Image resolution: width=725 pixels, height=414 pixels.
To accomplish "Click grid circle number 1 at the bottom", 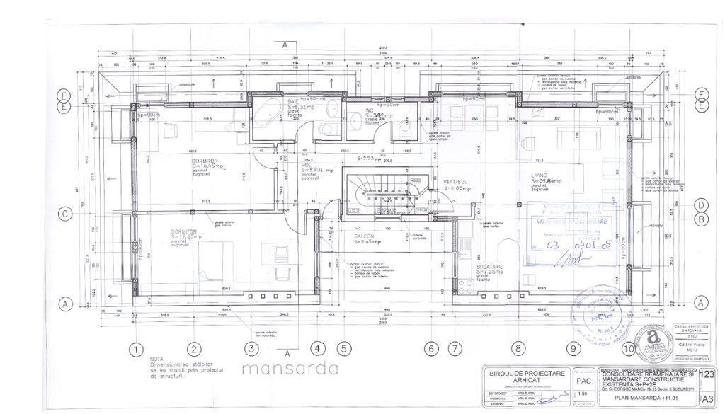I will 132,348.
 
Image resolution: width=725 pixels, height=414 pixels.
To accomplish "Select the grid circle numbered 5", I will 343,348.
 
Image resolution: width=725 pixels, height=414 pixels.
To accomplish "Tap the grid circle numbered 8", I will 519,348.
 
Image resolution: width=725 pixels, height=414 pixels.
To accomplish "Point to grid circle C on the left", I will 64,213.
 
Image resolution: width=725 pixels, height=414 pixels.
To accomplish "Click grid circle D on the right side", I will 701,205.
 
